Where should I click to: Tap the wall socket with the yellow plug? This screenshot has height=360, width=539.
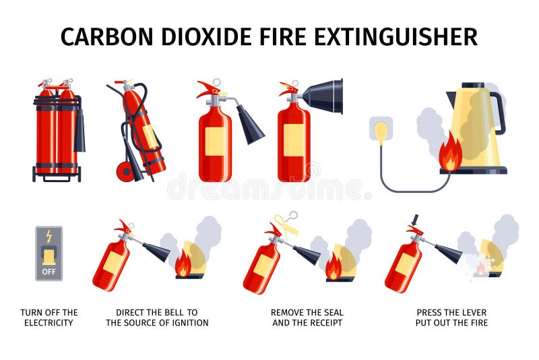[381, 129]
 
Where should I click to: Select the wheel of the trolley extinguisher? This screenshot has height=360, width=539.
[125, 171]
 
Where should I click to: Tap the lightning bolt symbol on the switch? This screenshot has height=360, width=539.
[49, 236]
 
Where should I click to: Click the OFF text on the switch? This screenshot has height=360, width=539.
[49, 271]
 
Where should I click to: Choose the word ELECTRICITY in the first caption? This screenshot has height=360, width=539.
[49, 323]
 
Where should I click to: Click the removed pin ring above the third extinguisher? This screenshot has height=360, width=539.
[292, 216]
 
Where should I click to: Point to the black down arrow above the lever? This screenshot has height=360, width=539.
[415, 220]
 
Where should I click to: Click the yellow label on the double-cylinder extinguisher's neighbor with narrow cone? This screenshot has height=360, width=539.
[214, 141]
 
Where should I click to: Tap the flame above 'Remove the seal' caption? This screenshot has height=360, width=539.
[334, 267]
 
